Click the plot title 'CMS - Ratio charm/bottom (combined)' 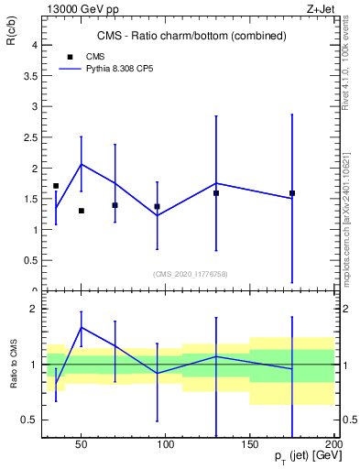[191, 36]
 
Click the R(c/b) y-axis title [14, 31]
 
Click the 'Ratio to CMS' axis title [14, 365]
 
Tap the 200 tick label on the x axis [333, 445]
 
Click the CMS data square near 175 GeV [292, 193]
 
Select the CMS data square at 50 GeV [82, 211]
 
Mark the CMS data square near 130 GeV [216, 193]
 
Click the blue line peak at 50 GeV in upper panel [82, 164]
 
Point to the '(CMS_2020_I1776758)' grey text [191, 274]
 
